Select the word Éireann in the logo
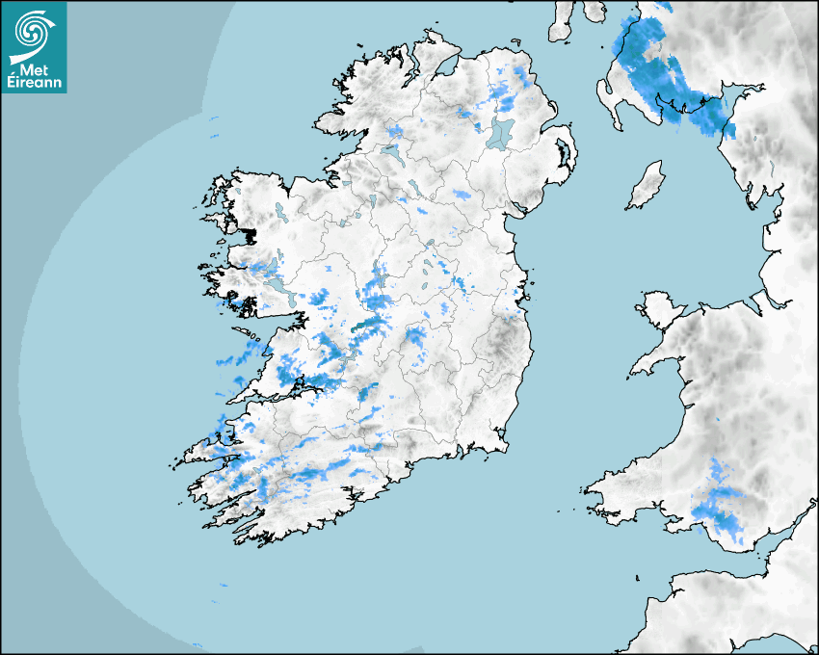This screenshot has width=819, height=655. click(34, 84)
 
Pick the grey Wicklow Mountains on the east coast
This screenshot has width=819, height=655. click(501, 340)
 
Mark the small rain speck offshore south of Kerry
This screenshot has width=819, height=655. click(224, 585)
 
